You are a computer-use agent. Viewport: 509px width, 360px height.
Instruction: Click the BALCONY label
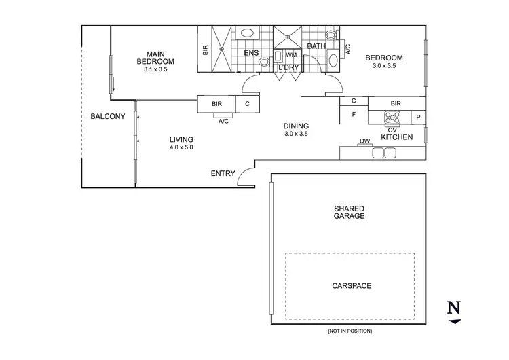[108, 117]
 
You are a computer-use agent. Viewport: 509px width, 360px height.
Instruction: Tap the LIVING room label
[182, 139]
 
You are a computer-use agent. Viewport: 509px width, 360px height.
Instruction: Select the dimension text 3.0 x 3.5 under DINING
[296, 134]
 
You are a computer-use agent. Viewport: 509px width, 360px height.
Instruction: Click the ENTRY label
[223, 174]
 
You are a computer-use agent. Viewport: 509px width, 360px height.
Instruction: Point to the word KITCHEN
[397, 138]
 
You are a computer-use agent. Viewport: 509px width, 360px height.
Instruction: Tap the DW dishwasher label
[364, 141]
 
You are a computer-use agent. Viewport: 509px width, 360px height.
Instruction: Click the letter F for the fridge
[354, 115]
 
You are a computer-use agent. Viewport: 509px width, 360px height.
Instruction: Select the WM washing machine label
[291, 55]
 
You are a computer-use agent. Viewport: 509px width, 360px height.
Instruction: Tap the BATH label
[317, 47]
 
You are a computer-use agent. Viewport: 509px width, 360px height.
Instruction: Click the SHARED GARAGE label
[350, 212]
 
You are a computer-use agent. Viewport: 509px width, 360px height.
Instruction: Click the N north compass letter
[453, 307]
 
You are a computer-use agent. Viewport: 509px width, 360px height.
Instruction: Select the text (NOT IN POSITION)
[349, 331]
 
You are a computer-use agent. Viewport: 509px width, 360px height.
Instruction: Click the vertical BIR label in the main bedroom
[205, 50]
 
